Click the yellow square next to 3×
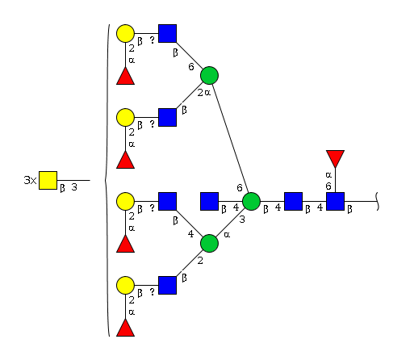tap(48, 180)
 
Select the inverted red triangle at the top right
tap(335, 159)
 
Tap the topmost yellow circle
tap(125, 34)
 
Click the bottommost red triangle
tap(125, 328)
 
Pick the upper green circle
tap(209, 76)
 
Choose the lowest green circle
tap(209, 243)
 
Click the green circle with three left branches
tap(251, 201)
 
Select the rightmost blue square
tap(335, 201)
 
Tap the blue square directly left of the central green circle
tap(209, 201)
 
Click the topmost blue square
tap(167, 34)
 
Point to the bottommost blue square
tap(167, 285)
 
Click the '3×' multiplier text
tap(30, 180)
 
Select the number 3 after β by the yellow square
tap(74, 187)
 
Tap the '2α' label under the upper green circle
tap(204, 93)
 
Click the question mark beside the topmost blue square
tap(153, 40)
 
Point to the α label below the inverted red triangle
tap(328, 175)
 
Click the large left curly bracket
tap(107, 180)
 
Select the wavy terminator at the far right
tap(377, 201)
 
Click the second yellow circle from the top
tap(125, 118)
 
